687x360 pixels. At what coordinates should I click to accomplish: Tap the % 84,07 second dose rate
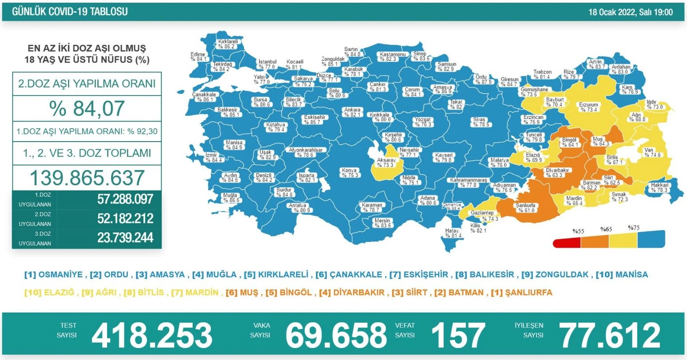87,108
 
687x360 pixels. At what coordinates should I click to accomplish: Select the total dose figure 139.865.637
87,178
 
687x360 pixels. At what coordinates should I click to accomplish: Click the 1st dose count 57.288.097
125,199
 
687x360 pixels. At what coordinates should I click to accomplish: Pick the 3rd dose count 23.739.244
125,238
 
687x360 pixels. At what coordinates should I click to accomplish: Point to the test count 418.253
152,336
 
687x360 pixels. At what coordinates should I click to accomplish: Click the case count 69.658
336,336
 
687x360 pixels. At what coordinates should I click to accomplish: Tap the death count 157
458,336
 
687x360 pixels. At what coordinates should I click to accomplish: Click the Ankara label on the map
353,112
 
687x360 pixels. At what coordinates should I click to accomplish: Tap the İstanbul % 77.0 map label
267,64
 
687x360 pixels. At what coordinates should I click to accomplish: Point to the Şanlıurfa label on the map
524,208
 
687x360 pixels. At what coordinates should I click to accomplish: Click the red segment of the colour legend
567,243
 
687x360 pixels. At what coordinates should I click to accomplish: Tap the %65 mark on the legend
606,229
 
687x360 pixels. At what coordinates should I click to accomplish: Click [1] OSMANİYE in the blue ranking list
53,275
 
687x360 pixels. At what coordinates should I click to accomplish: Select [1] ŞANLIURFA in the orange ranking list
521,293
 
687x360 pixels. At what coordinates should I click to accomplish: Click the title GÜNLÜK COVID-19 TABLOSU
70,12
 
